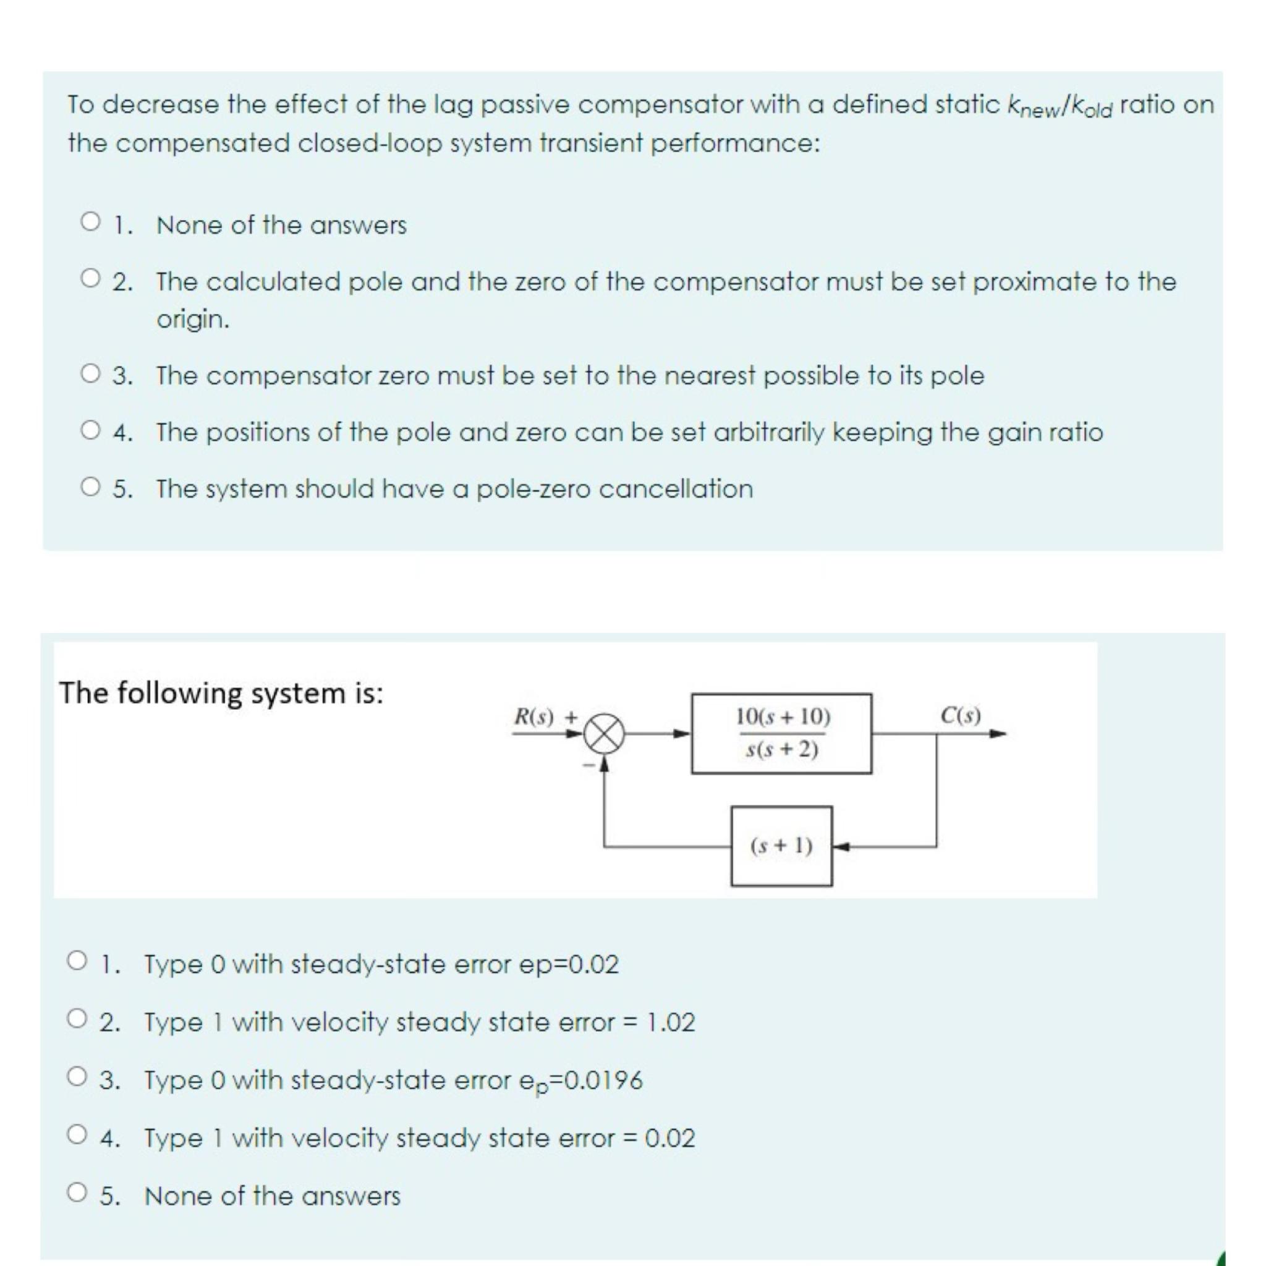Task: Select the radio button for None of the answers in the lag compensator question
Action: click(90, 221)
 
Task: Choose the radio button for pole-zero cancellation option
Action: click(90, 487)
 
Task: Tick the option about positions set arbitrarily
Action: click(90, 430)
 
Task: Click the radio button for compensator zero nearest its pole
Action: click(90, 374)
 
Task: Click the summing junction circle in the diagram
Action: click(604, 734)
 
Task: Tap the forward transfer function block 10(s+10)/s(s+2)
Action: click(781, 733)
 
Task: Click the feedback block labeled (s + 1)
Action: click(781, 846)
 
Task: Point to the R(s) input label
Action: click(533, 716)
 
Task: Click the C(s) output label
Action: click(961, 715)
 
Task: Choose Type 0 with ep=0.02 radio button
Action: click(77, 961)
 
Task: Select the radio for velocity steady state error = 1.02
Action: click(77, 1019)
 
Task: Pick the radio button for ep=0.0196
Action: click(77, 1077)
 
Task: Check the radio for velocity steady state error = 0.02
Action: click(77, 1134)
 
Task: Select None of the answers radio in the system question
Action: click(77, 1192)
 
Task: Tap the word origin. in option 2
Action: click(193, 319)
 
